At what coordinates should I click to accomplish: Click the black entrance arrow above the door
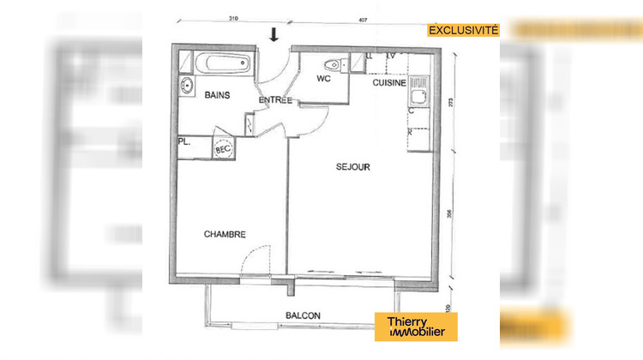pos(274,34)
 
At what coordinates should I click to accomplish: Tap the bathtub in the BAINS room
pos(221,64)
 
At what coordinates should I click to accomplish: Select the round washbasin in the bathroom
pos(186,84)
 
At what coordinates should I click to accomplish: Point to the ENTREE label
pos(276,100)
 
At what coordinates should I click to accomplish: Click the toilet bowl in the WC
pos(332,64)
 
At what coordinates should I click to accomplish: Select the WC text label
pos(324,79)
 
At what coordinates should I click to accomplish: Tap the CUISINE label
pos(388,84)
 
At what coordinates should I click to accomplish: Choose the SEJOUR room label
pos(352,168)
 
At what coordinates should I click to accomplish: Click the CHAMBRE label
pos(225,234)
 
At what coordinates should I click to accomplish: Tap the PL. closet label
pos(184,142)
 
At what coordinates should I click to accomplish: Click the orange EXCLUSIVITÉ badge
pos(464,30)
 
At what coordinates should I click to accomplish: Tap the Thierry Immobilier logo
pos(418,327)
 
